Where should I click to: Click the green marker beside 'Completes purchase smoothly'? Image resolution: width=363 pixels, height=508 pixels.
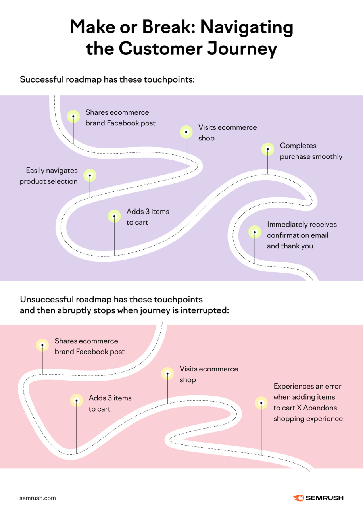[268, 149]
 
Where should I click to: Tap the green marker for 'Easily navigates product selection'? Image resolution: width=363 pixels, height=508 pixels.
[90, 175]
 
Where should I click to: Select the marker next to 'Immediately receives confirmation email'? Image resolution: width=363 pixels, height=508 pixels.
[255, 232]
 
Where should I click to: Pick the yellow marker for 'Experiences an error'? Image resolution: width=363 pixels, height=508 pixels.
[261, 403]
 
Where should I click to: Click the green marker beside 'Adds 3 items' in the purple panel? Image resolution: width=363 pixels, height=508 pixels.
[114, 216]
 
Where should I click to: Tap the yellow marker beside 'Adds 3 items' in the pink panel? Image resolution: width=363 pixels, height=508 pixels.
[76, 400]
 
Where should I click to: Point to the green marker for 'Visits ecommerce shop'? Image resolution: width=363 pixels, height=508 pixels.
[186, 132]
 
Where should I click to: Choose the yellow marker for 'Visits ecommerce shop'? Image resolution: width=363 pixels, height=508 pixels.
[167, 373]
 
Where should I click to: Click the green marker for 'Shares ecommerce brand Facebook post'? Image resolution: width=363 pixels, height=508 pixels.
[73, 116]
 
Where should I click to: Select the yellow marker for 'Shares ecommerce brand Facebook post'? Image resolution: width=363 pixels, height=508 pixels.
[42, 345]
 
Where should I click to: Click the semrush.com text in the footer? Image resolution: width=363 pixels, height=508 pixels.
[38, 498]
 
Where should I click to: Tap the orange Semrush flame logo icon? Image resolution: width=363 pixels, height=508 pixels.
[298, 498]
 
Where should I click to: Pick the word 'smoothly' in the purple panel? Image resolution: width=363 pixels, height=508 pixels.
[327, 156]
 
